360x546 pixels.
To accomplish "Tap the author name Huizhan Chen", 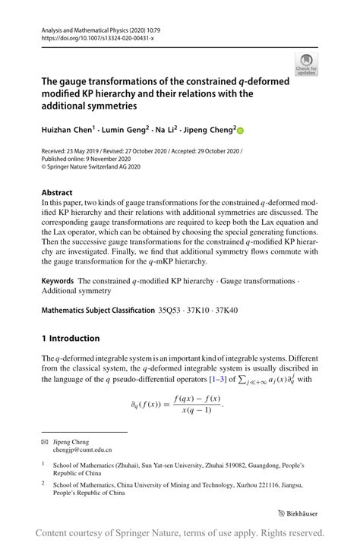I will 67,131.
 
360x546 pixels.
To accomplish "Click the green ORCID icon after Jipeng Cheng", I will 242,131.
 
